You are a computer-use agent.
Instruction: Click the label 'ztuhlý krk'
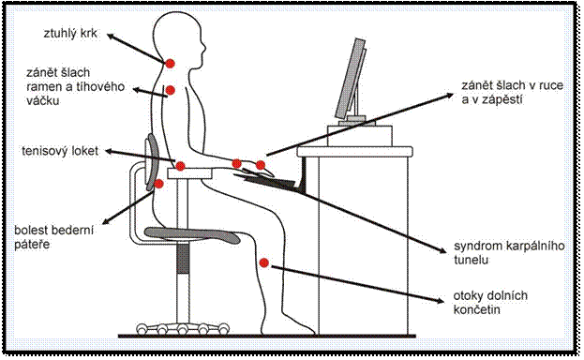(x=70, y=34)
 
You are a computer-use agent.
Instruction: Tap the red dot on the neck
(x=170, y=64)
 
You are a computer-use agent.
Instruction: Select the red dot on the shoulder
(x=171, y=90)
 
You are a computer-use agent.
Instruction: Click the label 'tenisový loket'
(x=60, y=151)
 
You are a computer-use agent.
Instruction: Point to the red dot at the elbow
(x=180, y=166)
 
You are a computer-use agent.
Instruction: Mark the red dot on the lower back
(x=158, y=184)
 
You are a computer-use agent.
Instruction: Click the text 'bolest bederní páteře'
(x=53, y=237)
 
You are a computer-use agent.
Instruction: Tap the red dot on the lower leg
(x=263, y=262)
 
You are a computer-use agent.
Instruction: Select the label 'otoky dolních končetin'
(x=490, y=302)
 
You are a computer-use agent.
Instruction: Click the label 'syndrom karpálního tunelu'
(x=509, y=253)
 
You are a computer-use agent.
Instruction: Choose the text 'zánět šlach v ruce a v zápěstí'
(x=512, y=93)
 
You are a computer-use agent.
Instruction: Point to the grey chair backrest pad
(x=152, y=161)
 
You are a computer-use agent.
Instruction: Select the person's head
(x=179, y=37)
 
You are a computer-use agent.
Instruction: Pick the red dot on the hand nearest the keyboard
(x=261, y=165)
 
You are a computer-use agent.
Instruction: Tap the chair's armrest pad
(x=190, y=173)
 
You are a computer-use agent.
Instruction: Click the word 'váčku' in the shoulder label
(x=42, y=100)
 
